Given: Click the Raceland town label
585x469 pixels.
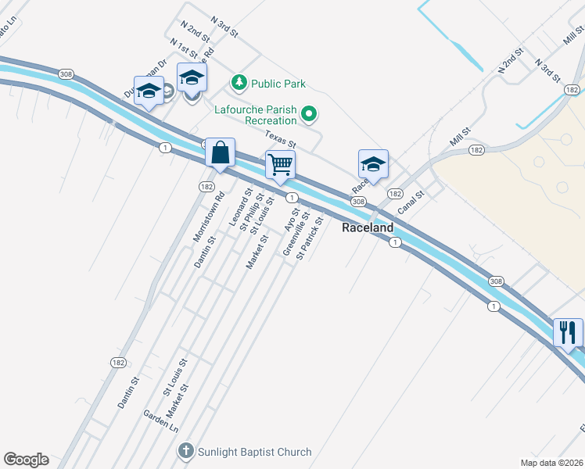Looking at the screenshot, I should (x=368, y=228).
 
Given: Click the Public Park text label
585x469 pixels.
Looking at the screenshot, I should (x=278, y=84).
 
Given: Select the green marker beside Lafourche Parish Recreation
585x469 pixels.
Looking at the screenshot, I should (x=309, y=115).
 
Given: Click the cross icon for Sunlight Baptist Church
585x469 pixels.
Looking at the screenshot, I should (x=185, y=451).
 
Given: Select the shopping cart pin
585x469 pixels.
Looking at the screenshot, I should (x=280, y=166).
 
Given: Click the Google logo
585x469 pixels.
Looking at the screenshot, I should (x=26, y=460).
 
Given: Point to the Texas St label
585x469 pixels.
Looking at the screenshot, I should (x=280, y=140).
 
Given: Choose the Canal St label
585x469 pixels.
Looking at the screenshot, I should (x=410, y=203).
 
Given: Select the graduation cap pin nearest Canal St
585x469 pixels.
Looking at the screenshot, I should (x=373, y=164).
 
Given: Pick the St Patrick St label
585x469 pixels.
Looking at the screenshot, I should (x=310, y=239).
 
